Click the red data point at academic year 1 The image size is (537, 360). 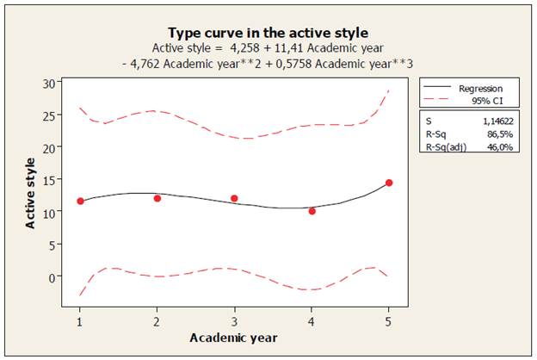(x=80, y=201)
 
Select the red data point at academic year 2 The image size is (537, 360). (x=157, y=198)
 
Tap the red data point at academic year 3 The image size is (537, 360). (x=234, y=198)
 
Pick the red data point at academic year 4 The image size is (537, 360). (x=312, y=211)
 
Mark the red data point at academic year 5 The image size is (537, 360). (x=389, y=183)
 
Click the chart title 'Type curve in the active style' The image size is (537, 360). (x=268, y=33)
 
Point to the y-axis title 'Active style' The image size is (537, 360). (x=30, y=192)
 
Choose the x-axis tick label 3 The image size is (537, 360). (x=234, y=320)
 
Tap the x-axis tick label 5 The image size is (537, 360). (x=389, y=320)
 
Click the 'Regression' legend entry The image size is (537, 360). (x=480, y=89)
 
